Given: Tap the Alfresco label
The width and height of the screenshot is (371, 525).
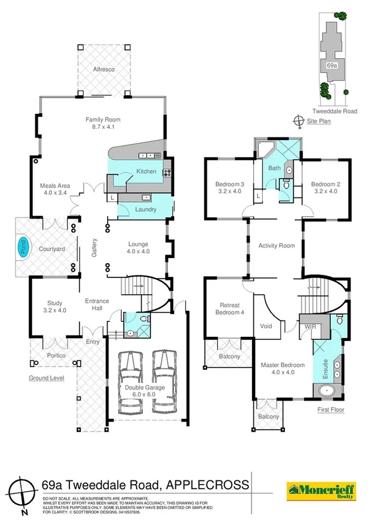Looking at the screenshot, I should (103, 70).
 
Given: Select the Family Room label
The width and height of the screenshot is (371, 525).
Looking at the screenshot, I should (103, 123).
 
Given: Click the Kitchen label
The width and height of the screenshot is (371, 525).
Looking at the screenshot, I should (146, 171).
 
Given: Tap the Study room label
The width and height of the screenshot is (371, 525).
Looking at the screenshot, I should (55, 306).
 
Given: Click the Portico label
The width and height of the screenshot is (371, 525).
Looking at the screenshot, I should (55, 355).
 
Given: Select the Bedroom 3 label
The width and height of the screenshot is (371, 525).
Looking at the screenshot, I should (229, 187).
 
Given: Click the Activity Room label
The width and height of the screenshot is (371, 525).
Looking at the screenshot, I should (276, 246).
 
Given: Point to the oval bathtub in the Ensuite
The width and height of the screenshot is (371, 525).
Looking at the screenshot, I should (327, 391).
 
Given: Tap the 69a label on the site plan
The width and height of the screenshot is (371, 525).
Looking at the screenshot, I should (331, 64).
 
